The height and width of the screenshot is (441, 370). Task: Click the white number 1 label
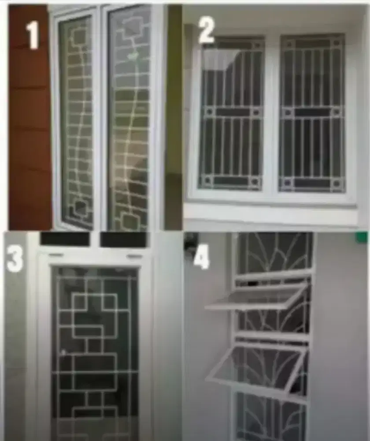pos(33,35)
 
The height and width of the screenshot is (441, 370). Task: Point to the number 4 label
pos(201,258)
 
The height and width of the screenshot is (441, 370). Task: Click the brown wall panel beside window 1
pos(29,132)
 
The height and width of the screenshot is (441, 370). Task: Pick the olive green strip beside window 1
pos(174,119)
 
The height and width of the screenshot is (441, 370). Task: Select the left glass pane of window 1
pos(77,119)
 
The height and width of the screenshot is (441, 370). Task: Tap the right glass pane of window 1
pos(129,119)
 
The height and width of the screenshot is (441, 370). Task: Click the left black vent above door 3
pos(65,239)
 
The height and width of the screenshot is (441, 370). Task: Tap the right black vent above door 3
pos(123,239)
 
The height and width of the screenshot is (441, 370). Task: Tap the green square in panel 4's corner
pos(362,237)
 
